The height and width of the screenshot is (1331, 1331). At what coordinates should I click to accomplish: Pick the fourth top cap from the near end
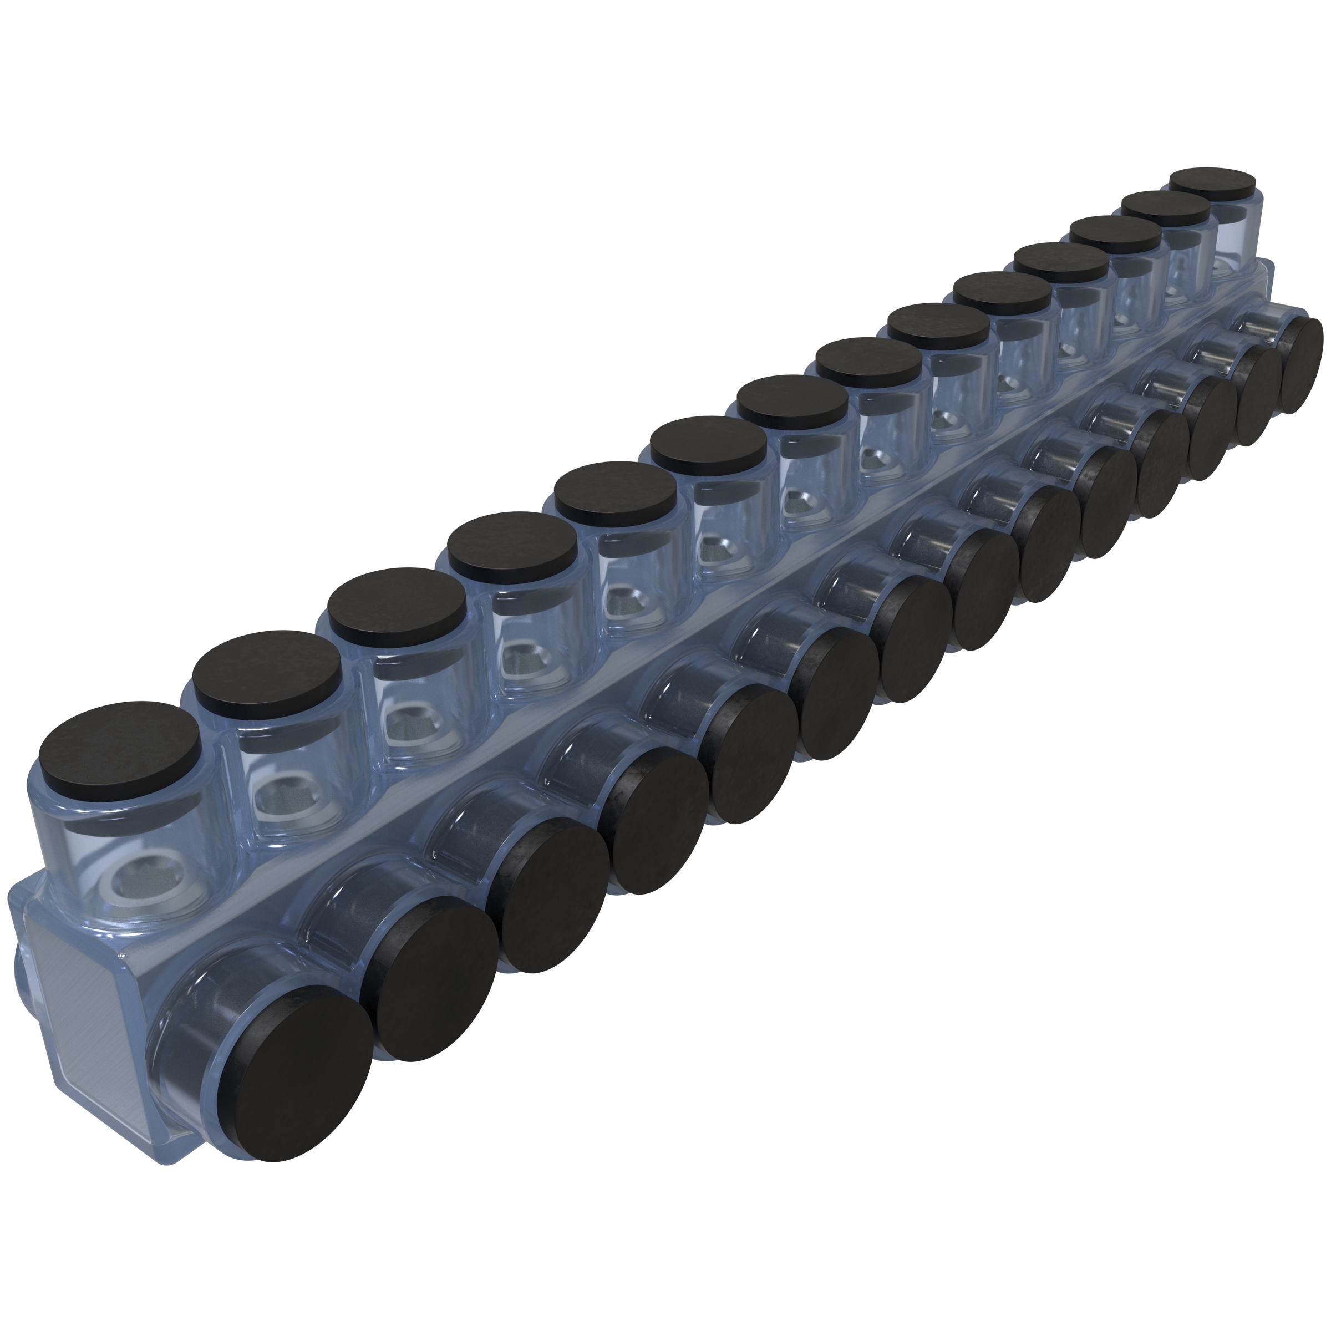tap(512, 546)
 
